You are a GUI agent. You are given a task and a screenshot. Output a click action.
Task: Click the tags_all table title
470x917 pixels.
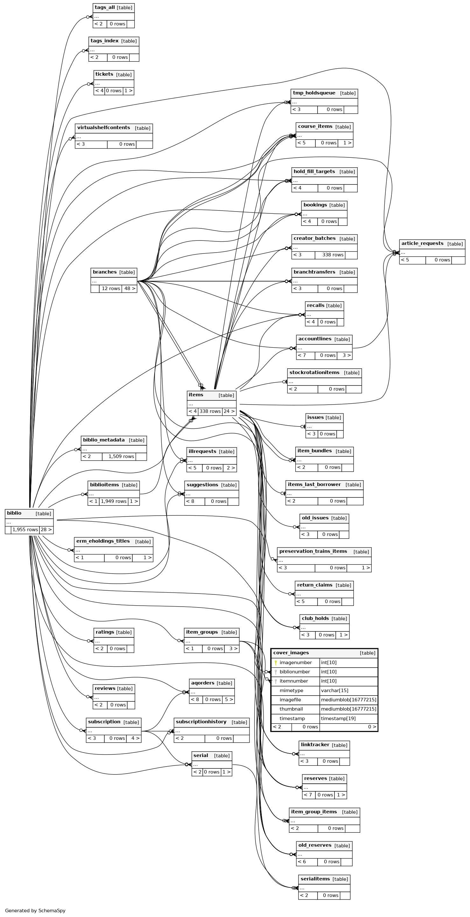[105, 8]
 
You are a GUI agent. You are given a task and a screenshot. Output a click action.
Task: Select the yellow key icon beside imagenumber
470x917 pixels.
[276, 663]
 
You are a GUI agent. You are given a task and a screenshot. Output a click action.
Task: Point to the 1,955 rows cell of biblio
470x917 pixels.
[25, 529]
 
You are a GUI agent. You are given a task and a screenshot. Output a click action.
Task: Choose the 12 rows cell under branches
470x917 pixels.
[110, 288]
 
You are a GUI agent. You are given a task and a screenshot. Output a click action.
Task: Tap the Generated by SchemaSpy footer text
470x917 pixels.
[35, 910]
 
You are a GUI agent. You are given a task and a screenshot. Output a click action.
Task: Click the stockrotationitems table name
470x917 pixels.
[314, 372]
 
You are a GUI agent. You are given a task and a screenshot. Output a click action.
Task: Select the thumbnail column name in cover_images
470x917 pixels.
[291, 709]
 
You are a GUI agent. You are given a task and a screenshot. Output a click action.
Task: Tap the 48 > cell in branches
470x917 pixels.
[129, 288]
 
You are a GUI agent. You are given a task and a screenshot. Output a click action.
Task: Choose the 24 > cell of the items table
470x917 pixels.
[229, 411]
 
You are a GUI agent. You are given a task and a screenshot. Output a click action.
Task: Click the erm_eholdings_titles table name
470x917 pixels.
[103, 541]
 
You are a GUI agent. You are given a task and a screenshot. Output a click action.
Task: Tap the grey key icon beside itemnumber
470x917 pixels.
[276, 681]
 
